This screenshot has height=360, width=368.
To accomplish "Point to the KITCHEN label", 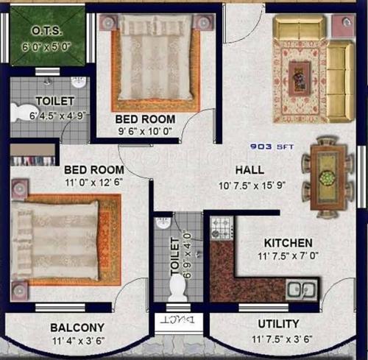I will tap(289, 242).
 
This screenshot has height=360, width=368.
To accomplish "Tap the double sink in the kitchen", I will tap(302, 289).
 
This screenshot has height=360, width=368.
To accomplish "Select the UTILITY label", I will tap(278, 324).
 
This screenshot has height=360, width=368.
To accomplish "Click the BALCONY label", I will tap(77, 327).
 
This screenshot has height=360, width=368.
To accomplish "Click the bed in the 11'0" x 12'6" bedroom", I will tap(55, 237).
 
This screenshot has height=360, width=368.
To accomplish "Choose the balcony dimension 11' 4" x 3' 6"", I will tap(77, 341).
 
